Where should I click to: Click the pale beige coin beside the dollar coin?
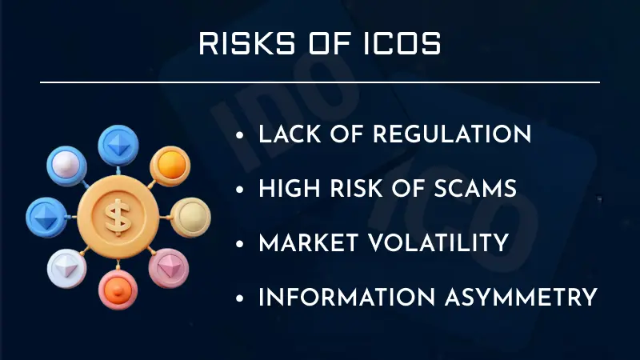(190, 215)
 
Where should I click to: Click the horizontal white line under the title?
(320, 82)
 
